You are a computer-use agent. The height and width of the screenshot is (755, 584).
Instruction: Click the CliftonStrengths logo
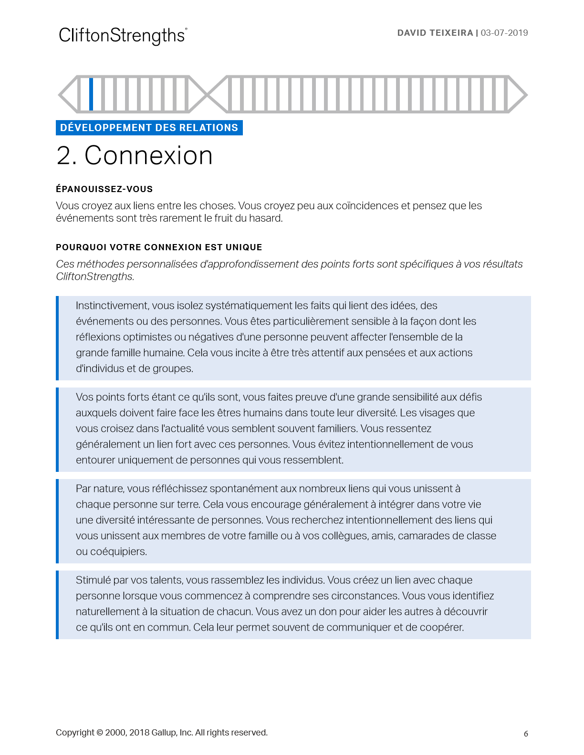(x=123, y=36)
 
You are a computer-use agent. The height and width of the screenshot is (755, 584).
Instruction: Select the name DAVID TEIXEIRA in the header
(x=435, y=33)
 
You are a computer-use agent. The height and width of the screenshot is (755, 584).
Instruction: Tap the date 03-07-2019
(x=504, y=33)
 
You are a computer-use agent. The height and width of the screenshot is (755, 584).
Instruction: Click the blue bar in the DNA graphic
(x=91, y=94)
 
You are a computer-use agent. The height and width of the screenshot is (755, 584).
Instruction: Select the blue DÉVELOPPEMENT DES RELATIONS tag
(x=149, y=128)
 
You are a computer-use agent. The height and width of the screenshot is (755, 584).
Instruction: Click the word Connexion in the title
(x=148, y=156)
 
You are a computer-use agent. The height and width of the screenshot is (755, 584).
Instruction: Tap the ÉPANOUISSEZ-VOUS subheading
(x=104, y=189)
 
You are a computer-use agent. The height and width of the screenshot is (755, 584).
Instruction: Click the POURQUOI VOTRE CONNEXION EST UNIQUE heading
(x=159, y=247)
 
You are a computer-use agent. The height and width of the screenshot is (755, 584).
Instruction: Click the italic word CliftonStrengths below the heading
(x=94, y=276)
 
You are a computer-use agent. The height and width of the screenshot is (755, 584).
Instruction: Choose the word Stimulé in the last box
(x=93, y=580)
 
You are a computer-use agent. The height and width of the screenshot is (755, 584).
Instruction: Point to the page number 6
(x=526, y=734)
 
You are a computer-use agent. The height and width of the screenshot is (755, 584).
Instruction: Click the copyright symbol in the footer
(x=100, y=733)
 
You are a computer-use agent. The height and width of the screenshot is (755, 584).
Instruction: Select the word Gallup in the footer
(x=164, y=733)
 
